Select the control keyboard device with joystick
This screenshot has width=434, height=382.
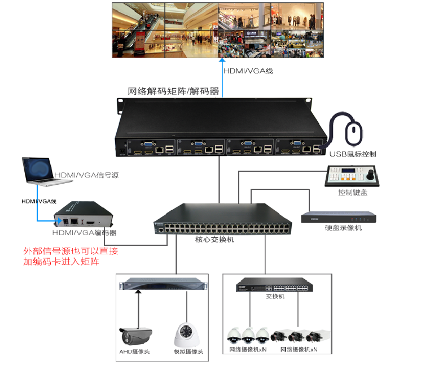(x=354, y=177)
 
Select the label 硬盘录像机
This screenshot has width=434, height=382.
(x=343, y=228)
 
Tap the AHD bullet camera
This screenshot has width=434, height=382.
(x=135, y=336)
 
